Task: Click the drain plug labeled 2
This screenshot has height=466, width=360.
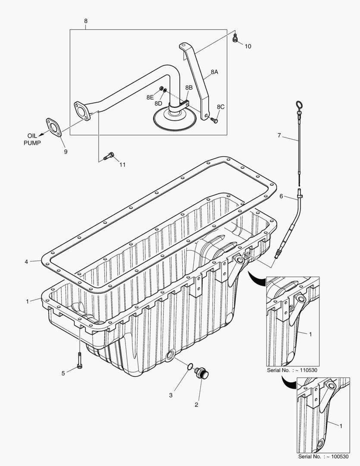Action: pyautogui.click(x=201, y=373)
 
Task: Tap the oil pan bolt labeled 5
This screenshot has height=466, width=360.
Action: pyautogui.click(x=80, y=360)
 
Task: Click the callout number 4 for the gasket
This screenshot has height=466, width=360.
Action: pyautogui.click(x=27, y=261)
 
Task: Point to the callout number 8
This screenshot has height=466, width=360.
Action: pyautogui.click(x=85, y=21)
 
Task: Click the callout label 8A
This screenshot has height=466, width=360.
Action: pyautogui.click(x=214, y=72)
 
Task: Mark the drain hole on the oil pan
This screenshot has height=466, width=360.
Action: pyautogui.click(x=170, y=356)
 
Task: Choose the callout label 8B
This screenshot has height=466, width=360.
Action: pyautogui.click(x=189, y=88)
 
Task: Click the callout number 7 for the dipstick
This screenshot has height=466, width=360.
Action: pyautogui.click(x=279, y=135)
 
